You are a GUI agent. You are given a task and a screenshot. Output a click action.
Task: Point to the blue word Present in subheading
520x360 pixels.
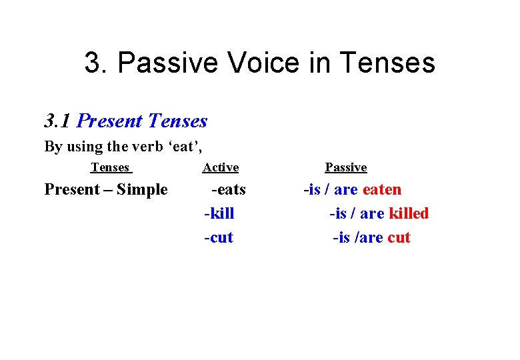point(110,121)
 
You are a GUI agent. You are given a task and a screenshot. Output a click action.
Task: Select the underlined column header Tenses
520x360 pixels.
point(110,167)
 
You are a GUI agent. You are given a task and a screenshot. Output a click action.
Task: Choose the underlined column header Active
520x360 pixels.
point(221,167)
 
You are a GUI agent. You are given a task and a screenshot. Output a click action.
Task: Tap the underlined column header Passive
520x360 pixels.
point(346,167)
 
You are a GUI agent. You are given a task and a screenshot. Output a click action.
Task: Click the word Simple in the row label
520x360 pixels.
point(142,189)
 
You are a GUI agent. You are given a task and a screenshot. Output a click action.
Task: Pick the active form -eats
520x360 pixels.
point(228,189)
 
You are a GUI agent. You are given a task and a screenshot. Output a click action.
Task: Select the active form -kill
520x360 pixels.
point(219,213)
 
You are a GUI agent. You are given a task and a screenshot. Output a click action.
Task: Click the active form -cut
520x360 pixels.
point(219,237)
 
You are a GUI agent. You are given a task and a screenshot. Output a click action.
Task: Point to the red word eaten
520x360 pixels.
point(382,189)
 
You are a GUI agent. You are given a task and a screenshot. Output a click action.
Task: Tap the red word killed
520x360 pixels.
point(409,213)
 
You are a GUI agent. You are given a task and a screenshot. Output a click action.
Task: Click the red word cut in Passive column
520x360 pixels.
point(399,237)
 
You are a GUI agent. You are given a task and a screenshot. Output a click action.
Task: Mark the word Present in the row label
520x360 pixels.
point(71,189)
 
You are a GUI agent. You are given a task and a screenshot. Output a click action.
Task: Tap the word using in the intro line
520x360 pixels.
point(82,147)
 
